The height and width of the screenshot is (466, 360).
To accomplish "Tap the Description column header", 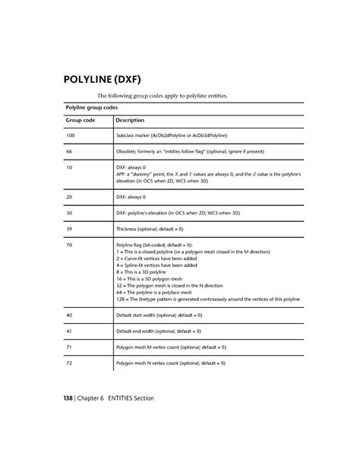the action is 130,120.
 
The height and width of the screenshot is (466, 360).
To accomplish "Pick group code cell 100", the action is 71,135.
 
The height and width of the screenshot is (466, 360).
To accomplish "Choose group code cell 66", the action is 70,151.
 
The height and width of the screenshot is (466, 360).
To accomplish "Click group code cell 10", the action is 70,166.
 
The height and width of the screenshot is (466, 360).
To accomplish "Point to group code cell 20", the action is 70,195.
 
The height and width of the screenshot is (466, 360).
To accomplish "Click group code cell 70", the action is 70,246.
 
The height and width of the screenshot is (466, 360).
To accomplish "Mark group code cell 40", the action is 70,314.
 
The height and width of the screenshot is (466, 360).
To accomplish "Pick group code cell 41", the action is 70,331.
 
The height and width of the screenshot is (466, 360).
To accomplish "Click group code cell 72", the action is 70,363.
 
